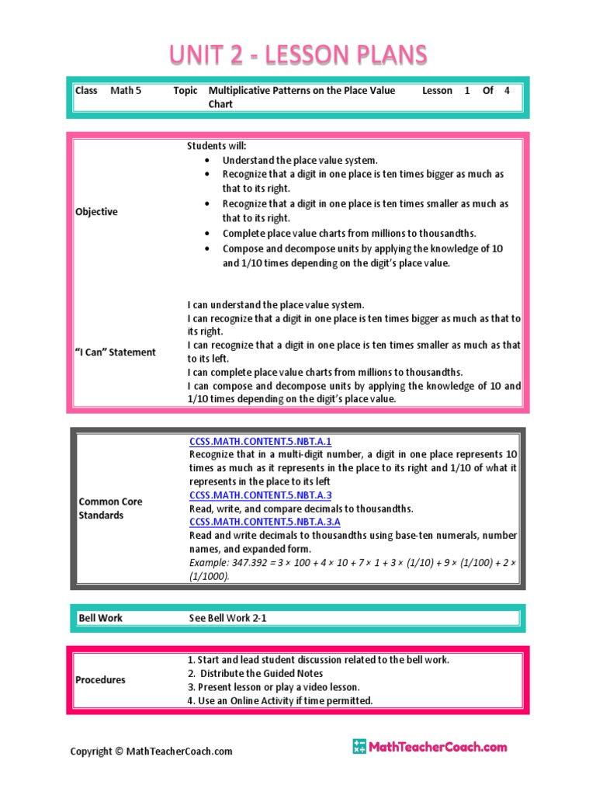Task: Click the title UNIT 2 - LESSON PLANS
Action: click(298, 55)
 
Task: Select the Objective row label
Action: click(96, 212)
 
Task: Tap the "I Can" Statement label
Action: click(115, 352)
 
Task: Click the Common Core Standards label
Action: click(110, 509)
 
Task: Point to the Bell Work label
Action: click(100, 618)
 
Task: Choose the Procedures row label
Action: click(100, 680)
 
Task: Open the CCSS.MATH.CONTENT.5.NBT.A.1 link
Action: click(260, 441)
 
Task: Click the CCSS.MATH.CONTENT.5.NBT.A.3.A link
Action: click(265, 522)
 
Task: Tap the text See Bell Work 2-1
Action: click(233, 618)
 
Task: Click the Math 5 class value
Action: click(126, 91)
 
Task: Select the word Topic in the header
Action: click(185, 91)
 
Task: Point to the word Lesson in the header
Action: click(437, 91)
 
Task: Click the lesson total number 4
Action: click(507, 91)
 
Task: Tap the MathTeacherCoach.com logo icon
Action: click(359, 747)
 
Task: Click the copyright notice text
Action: click(151, 752)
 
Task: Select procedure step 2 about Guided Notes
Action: click(255, 674)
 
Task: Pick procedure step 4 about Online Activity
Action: click(279, 701)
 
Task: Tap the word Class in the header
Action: click(86, 91)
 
